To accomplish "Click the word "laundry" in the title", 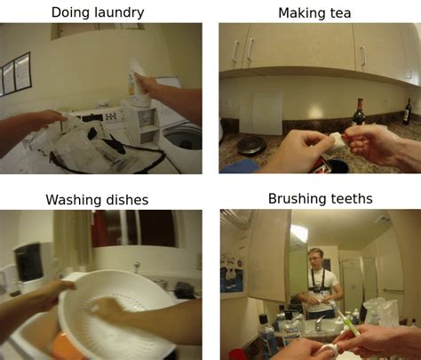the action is click(119, 13).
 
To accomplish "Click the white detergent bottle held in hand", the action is click(139, 83).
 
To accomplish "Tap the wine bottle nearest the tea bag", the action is click(359, 113).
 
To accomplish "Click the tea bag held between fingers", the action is click(337, 140).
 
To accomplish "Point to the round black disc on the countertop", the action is click(251, 145).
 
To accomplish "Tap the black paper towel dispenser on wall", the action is click(28, 262).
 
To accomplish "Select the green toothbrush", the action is click(348, 323).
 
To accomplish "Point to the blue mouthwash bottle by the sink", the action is click(267, 335).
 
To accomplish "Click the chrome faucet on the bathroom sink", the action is click(319, 324).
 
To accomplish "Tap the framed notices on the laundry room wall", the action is click(15, 74).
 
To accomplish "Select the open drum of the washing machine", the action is click(184, 140).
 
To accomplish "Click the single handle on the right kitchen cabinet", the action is click(363, 56).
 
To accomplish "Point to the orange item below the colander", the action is click(64, 347).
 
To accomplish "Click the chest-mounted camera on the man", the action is click(316, 288).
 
